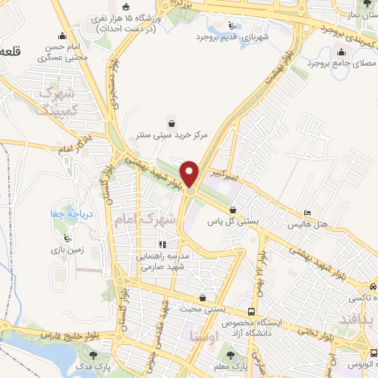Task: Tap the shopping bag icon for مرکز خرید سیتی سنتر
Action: [x=172, y=123]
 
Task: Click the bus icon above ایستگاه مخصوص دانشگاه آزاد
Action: [x=252, y=312]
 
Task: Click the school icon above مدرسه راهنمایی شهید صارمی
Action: [x=162, y=244]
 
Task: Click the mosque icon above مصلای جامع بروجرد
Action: [x=340, y=52]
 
